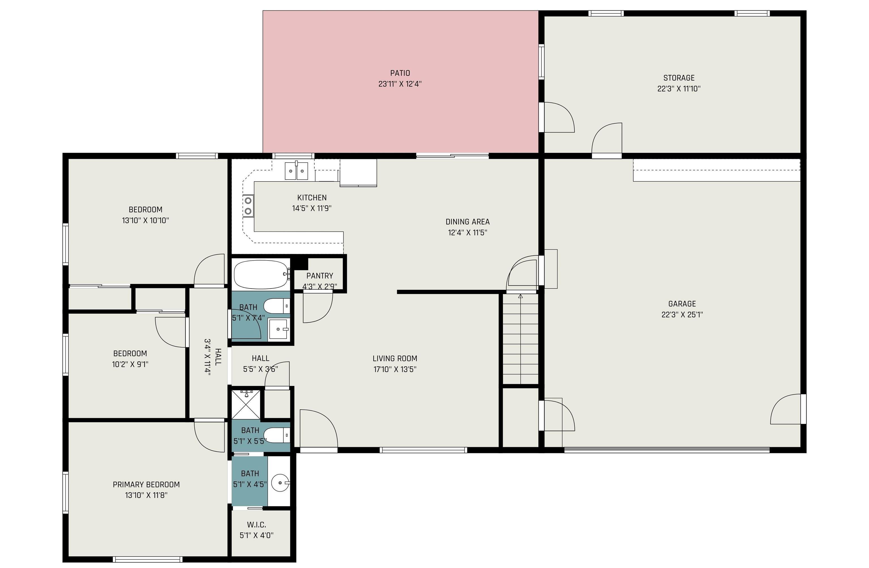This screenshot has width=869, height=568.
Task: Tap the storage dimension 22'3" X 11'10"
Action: pos(679,89)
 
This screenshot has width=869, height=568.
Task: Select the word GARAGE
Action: pos(682,304)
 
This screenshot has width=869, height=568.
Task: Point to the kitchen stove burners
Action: pos(248,206)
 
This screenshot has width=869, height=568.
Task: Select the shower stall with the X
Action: pos(246,405)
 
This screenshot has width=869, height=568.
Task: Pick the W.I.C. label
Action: pos(256,524)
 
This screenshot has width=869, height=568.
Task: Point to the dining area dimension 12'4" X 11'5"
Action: pos(467,232)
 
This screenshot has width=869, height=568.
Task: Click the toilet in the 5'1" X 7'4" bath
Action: pos(276,306)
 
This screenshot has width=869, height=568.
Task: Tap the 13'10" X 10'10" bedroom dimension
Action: pos(145,221)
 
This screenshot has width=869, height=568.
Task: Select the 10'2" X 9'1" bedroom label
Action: pos(130,353)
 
